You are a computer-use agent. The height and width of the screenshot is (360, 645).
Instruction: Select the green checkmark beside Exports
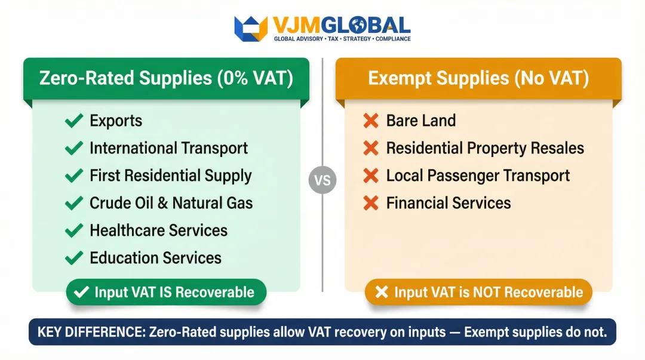pos(73,121)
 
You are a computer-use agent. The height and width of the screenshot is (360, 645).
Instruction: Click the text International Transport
pos(168,148)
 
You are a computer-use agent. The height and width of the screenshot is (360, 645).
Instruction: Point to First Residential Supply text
pos(170,176)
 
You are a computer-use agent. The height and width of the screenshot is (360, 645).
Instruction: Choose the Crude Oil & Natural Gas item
pos(171,203)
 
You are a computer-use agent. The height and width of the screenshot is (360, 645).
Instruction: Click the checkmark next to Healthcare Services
pos(73,230)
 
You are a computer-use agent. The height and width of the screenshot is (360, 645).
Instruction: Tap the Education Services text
pos(155,258)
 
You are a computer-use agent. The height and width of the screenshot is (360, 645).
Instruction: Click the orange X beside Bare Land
pos(371,121)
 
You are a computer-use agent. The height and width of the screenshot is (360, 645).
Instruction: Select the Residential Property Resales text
pos(485,148)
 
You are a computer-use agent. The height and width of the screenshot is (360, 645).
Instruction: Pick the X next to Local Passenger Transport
pos(371,176)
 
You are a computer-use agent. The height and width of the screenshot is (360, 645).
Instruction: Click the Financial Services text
pos(449,203)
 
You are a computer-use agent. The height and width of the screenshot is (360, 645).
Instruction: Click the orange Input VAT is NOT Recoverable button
pos(478,293)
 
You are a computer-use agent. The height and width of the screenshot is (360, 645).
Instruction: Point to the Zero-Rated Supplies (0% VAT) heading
pos(166,79)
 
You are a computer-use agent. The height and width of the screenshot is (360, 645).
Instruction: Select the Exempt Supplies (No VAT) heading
pos(478,79)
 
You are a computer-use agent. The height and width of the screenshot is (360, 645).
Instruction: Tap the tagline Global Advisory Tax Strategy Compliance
pos(342,39)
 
